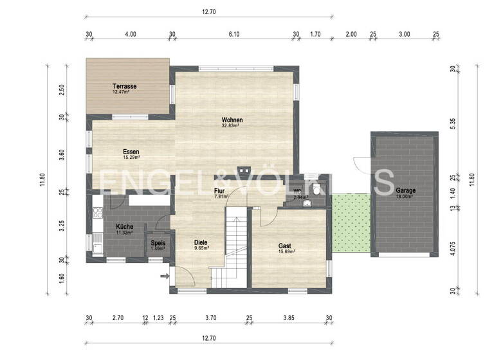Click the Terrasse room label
click(x=124, y=86)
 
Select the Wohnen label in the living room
click(x=232, y=120)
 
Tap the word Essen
click(x=131, y=152)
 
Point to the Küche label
click(x=124, y=227)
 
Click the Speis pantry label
click(x=158, y=243)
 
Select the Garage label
click(x=405, y=191)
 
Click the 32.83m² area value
click(x=231, y=126)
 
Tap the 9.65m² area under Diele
click(x=201, y=248)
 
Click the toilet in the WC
click(x=318, y=188)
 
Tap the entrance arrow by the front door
click(x=163, y=276)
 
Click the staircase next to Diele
click(x=234, y=248)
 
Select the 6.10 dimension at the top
click(x=234, y=35)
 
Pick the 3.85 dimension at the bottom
click(x=289, y=318)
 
